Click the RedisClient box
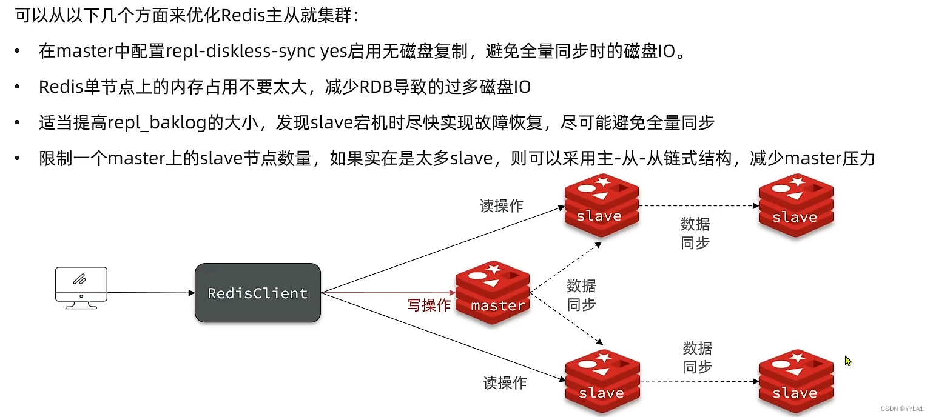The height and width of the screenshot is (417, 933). (257, 293)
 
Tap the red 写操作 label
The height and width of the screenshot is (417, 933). (428, 305)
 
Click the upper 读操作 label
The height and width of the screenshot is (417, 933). (501, 206)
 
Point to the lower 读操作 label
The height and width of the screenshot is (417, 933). (505, 382)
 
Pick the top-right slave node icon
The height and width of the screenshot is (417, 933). (795, 205)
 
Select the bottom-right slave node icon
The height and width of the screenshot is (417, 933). (795, 381)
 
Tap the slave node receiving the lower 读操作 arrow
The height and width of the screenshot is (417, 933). (601, 381)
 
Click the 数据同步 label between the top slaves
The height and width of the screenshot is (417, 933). (695, 233)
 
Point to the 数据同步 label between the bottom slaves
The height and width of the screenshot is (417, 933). (698, 358)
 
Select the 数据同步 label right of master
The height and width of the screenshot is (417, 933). (581, 295)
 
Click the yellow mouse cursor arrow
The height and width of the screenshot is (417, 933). (848, 361)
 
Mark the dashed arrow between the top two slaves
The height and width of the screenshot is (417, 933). (698, 205)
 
